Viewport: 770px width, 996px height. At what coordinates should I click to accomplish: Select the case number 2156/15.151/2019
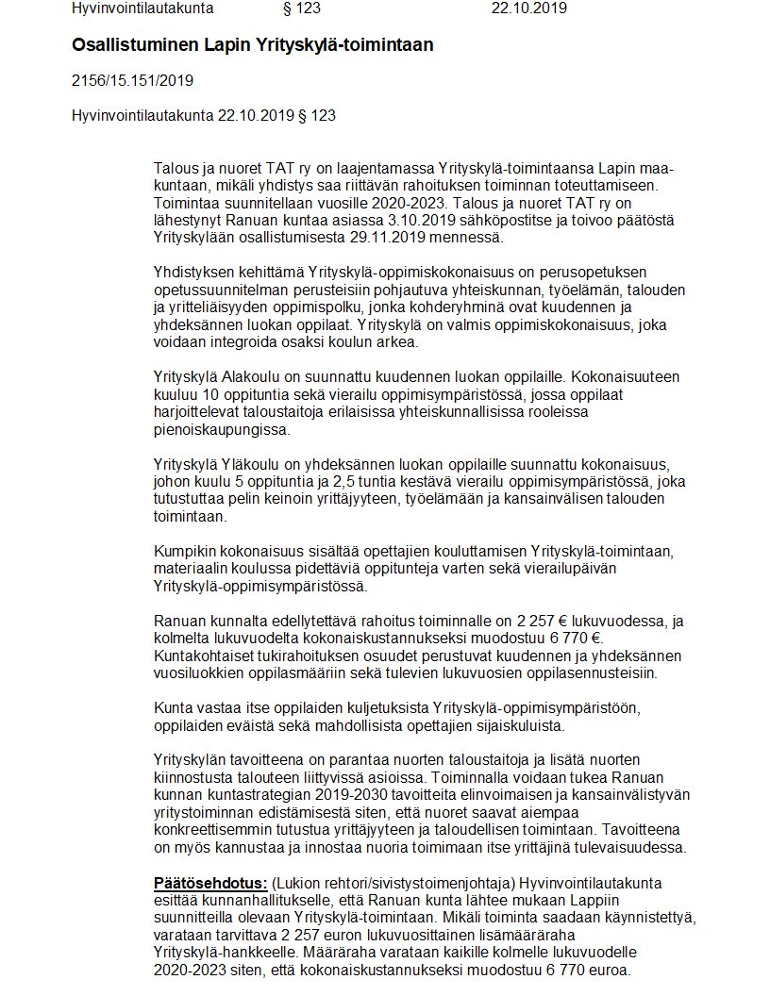coord(132,80)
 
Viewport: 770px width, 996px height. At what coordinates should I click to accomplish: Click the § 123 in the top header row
coord(302,8)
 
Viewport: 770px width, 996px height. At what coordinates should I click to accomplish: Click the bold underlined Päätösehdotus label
coord(210,882)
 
